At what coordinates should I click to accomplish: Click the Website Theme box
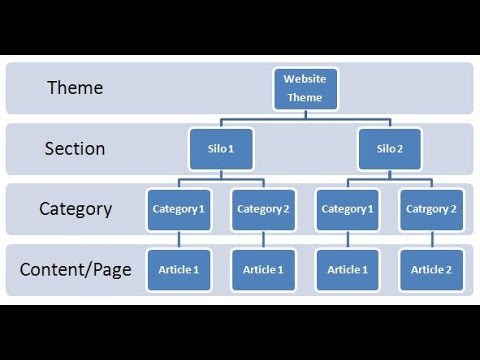(305, 88)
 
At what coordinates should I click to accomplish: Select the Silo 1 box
(219, 149)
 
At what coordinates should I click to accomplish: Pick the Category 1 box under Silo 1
(178, 209)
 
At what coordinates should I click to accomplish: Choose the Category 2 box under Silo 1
(263, 209)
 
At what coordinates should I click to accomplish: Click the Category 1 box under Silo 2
(347, 209)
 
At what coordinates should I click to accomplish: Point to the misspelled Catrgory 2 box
(431, 209)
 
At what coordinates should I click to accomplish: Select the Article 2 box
(431, 269)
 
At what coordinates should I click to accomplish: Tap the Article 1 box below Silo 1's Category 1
(178, 269)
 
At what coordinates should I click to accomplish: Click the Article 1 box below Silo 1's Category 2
(263, 269)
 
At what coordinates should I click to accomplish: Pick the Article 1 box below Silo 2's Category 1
(347, 269)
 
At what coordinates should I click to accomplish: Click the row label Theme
(75, 88)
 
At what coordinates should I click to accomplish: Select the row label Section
(75, 149)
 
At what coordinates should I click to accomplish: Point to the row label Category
(75, 209)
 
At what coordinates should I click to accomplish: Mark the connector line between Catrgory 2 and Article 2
(431, 239)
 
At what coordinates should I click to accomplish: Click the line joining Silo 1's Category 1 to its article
(178, 239)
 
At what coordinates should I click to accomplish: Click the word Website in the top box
(305, 78)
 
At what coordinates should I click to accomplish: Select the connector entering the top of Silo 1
(219, 124)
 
